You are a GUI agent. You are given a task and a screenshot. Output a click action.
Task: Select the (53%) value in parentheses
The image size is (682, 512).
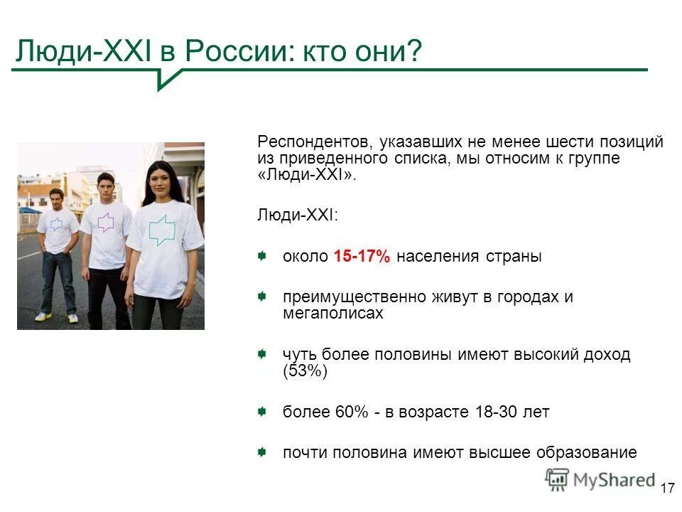point(305,370)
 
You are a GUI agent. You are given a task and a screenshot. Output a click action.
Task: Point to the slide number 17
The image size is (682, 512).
point(667,488)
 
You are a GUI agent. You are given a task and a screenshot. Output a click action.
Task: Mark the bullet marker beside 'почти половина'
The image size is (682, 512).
point(263,452)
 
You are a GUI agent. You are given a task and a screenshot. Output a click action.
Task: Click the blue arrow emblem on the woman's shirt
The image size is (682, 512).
point(162,230)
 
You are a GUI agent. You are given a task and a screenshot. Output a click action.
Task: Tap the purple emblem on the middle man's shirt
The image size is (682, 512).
point(105,223)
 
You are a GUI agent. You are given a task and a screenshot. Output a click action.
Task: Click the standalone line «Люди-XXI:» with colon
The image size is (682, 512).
point(298,215)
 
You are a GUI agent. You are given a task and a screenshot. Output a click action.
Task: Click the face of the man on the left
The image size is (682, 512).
point(56,198)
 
